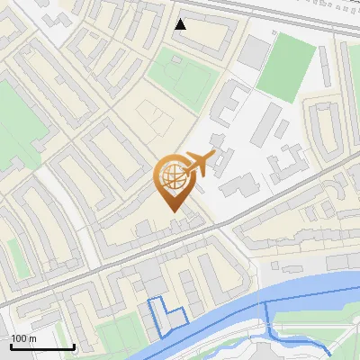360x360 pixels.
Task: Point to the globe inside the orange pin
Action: (x=174, y=178)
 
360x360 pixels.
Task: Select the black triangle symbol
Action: (x=181, y=24)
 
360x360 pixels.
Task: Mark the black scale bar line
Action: (x=41, y=346)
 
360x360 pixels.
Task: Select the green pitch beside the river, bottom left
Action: (x=117, y=337)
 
